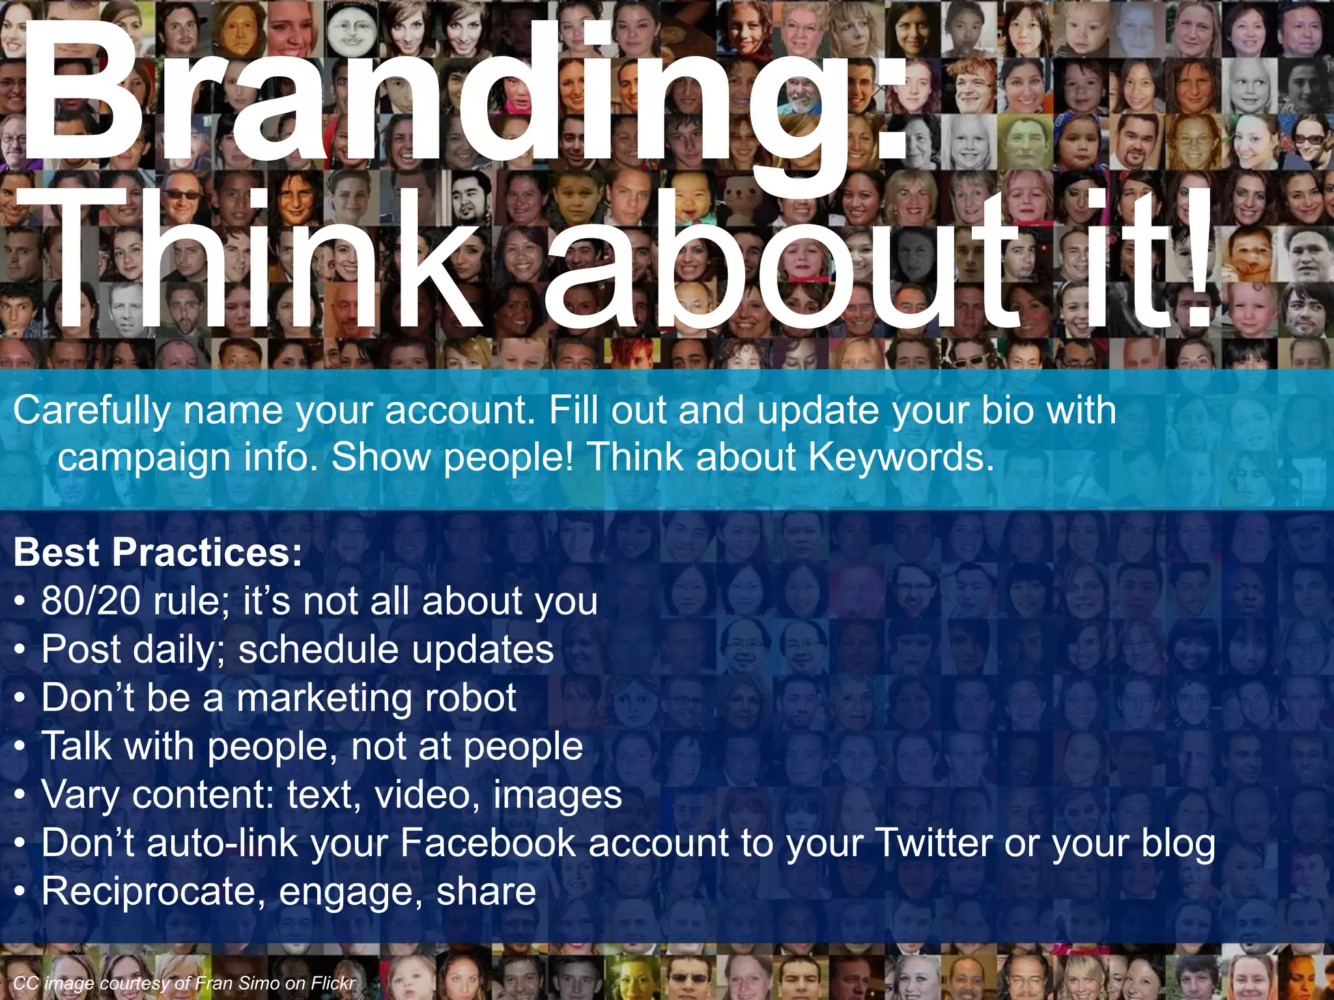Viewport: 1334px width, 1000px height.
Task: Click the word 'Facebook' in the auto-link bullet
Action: [488, 843]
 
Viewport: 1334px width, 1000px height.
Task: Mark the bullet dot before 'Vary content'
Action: [20, 796]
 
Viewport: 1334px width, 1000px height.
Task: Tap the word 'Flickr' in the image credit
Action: [333, 983]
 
